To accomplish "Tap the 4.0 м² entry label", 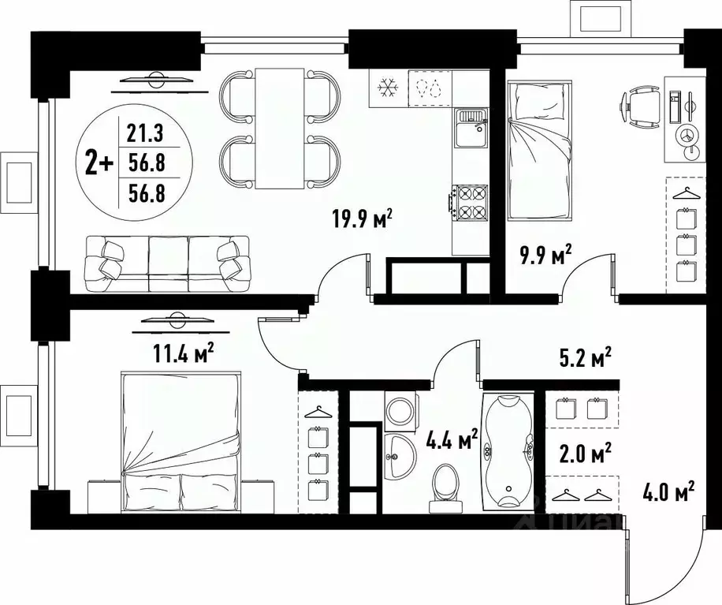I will point(668,495).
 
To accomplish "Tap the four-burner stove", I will point(471,202).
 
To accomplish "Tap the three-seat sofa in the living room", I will point(166,263).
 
